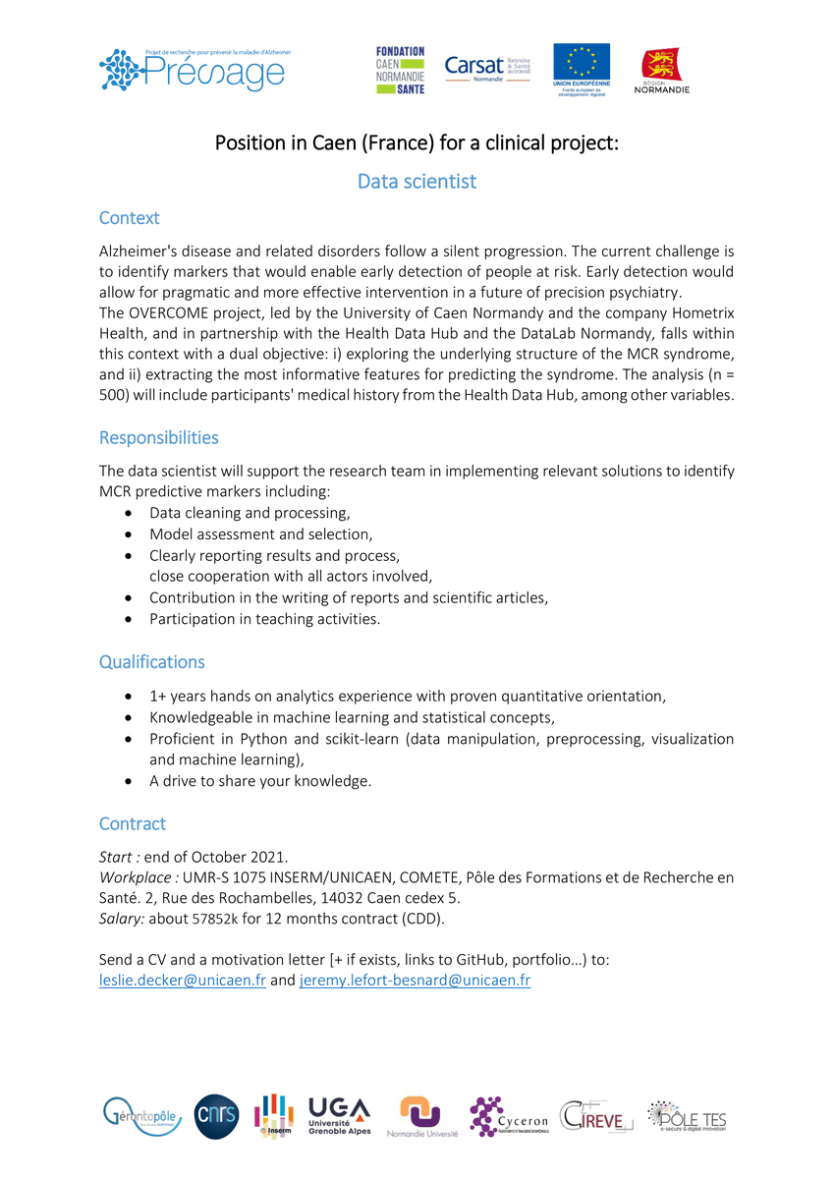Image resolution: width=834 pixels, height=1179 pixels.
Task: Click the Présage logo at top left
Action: point(195,70)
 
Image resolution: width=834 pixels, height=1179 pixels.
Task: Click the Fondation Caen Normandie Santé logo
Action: point(400,70)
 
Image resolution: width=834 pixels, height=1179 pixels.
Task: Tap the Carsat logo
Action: point(487,67)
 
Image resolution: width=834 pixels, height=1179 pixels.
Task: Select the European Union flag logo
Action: point(581,68)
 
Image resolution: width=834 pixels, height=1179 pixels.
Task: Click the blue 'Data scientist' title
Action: point(417,182)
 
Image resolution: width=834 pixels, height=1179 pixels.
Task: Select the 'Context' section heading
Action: point(129,218)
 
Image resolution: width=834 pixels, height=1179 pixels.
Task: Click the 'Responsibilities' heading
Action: point(158,437)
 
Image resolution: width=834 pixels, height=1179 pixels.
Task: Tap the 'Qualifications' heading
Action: point(151,661)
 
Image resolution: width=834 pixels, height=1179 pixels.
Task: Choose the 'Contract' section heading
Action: point(132,823)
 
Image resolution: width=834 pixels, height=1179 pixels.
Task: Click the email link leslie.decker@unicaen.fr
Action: point(182,980)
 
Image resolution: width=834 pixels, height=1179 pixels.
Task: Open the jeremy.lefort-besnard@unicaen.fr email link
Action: point(415,980)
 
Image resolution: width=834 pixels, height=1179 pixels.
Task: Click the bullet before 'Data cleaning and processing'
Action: point(130,514)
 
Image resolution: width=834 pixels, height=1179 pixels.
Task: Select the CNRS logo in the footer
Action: point(216,1116)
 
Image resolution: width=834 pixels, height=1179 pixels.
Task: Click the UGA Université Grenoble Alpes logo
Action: point(340,1116)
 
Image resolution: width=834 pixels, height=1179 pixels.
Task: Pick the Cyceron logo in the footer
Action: point(508,1117)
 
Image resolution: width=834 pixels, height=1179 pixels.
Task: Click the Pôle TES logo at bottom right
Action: point(687,1116)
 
